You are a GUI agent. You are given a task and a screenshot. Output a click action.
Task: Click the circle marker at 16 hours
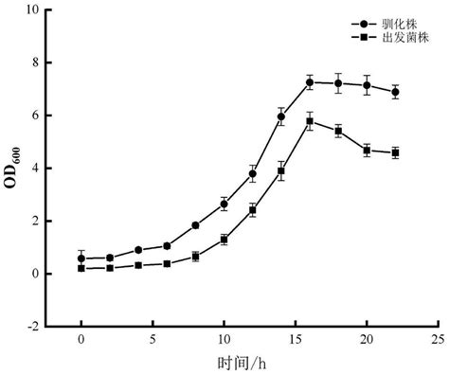[309, 82]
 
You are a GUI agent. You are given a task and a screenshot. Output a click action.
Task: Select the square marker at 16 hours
[309, 121]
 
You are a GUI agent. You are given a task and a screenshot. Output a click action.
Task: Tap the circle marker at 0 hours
[81, 258]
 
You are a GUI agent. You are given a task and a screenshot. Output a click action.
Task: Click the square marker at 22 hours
[395, 152]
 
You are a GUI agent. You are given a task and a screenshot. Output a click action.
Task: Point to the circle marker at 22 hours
[395, 92]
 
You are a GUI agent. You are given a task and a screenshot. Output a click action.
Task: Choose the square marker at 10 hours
[224, 240]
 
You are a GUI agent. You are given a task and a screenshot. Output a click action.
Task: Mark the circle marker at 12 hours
[252, 173]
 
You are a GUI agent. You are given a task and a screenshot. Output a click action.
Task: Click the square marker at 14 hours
[280, 171]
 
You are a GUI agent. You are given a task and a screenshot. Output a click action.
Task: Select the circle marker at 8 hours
[195, 225]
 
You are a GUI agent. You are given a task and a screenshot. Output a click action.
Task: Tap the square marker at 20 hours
[367, 150]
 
